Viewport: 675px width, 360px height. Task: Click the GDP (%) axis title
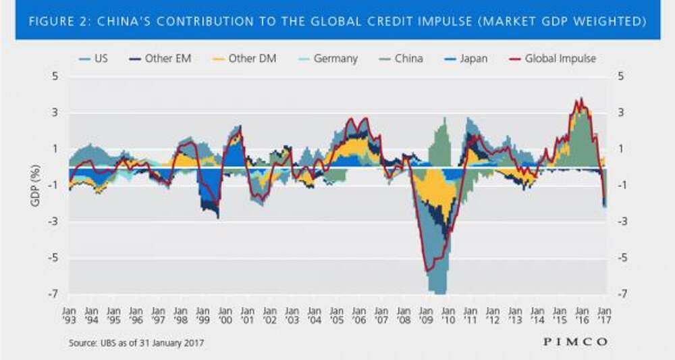coord(36,185)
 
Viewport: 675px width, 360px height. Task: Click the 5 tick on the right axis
coord(618,76)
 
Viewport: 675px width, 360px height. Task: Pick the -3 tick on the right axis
coord(618,222)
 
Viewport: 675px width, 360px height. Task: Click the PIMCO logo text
coord(574,342)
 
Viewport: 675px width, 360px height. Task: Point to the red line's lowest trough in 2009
coord(427,271)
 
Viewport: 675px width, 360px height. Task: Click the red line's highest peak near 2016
coord(580,99)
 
